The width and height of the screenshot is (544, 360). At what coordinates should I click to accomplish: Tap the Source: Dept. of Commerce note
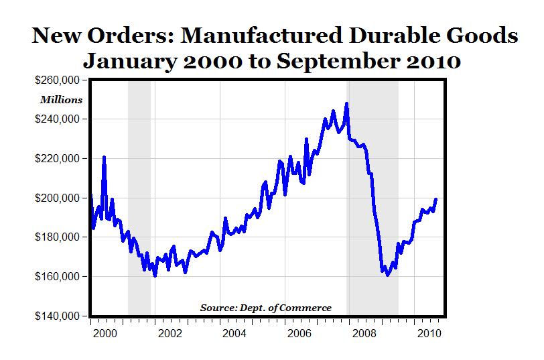(x=265, y=308)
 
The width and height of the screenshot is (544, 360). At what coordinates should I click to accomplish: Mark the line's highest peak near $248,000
(x=346, y=104)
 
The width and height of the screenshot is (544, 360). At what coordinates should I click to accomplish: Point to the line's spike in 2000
(x=104, y=158)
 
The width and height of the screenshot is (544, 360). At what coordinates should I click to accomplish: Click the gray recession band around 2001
(x=139, y=201)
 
